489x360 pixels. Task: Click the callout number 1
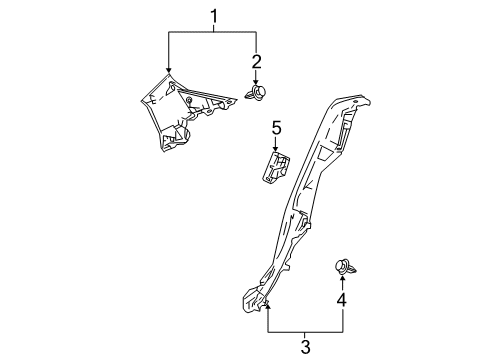point(212,16)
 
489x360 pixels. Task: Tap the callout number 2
point(256,62)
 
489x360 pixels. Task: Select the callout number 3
point(305,346)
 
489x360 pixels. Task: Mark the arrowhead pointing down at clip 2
point(256,82)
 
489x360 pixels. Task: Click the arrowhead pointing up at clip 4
point(343,280)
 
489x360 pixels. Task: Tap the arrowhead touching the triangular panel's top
point(169,73)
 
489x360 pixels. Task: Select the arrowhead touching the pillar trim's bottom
point(268,304)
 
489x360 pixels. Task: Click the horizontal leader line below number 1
point(212,33)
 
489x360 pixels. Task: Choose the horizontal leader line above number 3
point(305,331)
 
